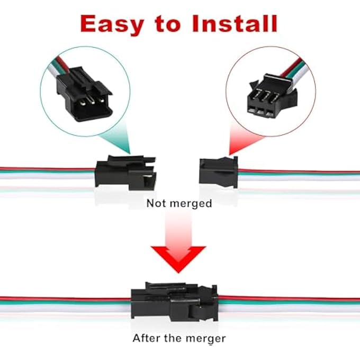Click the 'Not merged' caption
(x=179, y=203)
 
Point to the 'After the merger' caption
(x=179, y=338)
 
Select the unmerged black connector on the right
(x=218, y=170)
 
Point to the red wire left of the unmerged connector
(x=48, y=170)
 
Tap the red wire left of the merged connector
(x=64, y=299)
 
